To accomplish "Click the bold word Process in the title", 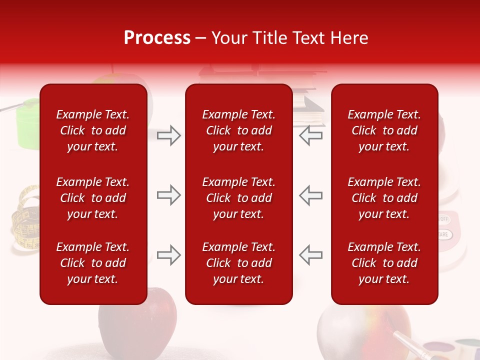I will [157, 38].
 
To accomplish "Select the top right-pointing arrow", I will [168, 135].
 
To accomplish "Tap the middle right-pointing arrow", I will [168, 195].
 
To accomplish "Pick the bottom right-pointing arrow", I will [168, 255].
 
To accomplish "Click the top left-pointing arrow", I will [310, 135].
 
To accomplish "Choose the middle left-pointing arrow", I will [310, 195].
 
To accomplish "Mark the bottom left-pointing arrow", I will [310, 255].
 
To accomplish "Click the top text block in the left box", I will [93, 130].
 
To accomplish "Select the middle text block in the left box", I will [93, 198].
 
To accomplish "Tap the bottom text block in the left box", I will [93, 263].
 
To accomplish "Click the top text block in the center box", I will [238, 130].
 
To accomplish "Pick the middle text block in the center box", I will [238, 198].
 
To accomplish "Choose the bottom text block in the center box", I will [238, 263].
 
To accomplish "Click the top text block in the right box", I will [384, 130].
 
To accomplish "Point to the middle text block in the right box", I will [384, 198].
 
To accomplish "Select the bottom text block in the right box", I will [384, 263].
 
